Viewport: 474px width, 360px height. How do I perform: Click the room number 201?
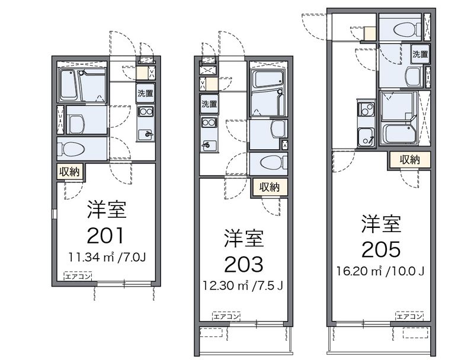point(106,236)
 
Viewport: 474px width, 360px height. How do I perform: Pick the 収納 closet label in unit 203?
point(269,187)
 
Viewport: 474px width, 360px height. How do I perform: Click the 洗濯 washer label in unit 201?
point(145,93)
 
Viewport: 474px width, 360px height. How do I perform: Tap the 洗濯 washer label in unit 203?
point(209,104)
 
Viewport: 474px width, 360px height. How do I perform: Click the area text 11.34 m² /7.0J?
point(107,258)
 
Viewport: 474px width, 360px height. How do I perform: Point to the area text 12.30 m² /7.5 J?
point(244,285)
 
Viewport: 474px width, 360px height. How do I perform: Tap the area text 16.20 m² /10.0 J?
point(382,272)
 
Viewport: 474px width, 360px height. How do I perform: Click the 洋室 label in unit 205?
point(382,224)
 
